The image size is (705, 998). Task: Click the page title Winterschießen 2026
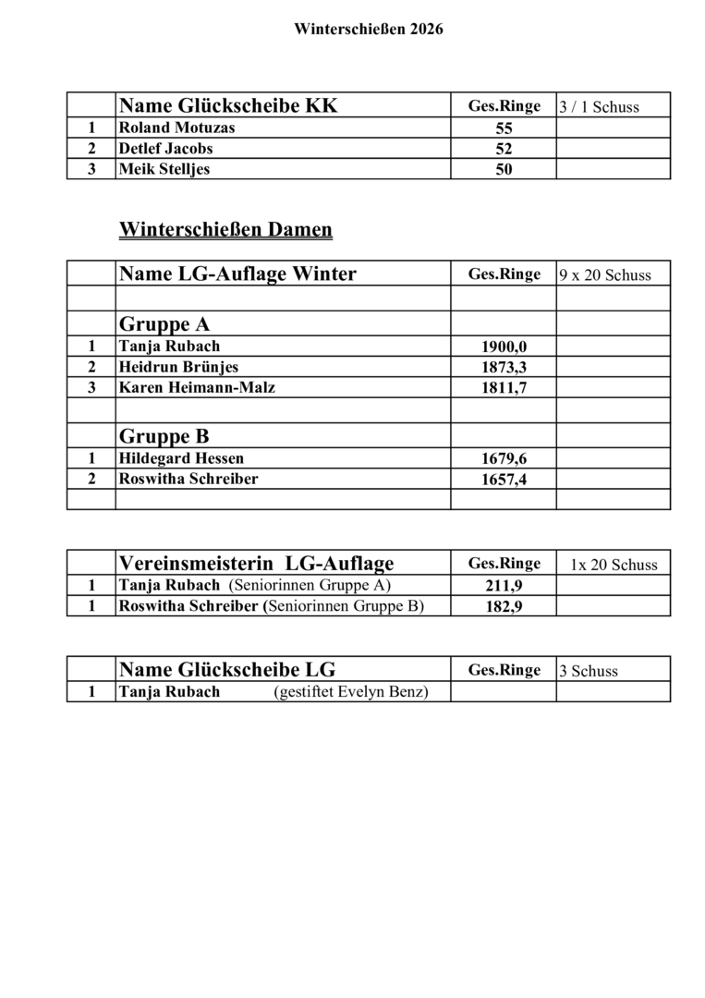pyautogui.click(x=369, y=30)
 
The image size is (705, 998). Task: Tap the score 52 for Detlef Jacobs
pyautogui.click(x=504, y=149)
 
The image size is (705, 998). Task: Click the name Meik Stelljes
pyautogui.click(x=164, y=169)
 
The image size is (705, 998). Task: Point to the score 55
pyautogui.click(x=504, y=128)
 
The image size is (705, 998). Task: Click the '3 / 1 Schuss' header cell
pyautogui.click(x=599, y=107)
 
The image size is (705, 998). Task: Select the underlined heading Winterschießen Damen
pyautogui.click(x=225, y=229)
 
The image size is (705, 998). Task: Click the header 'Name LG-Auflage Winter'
pyautogui.click(x=237, y=274)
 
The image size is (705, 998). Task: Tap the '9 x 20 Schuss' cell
pyautogui.click(x=604, y=274)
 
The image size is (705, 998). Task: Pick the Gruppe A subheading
pyautogui.click(x=164, y=324)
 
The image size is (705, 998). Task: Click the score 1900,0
pyautogui.click(x=504, y=347)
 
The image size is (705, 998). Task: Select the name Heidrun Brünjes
pyautogui.click(x=178, y=367)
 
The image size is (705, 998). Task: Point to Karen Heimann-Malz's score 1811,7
pyautogui.click(x=504, y=388)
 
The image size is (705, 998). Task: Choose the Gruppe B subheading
pyautogui.click(x=164, y=436)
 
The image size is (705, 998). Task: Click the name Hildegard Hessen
pyautogui.click(x=181, y=458)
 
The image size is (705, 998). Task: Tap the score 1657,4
pyautogui.click(x=504, y=480)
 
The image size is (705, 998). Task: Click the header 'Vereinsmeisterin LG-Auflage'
pyautogui.click(x=257, y=563)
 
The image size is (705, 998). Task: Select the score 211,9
pyautogui.click(x=504, y=586)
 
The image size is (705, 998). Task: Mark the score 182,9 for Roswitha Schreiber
pyautogui.click(x=504, y=607)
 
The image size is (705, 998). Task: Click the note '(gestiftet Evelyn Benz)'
pyautogui.click(x=351, y=692)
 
